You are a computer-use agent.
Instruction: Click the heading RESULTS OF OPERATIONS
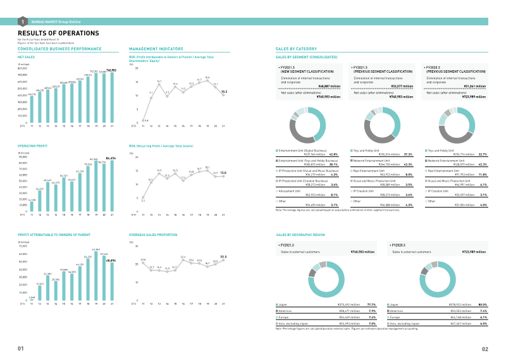(x=58, y=33)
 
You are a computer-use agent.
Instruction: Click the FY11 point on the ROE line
(x=143, y=120)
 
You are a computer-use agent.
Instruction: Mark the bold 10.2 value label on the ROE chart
(x=224, y=91)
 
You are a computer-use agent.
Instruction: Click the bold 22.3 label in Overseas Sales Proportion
(x=223, y=256)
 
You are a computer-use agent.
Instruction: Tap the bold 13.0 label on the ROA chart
(x=223, y=172)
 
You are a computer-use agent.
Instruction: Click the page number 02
(x=484, y=349)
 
